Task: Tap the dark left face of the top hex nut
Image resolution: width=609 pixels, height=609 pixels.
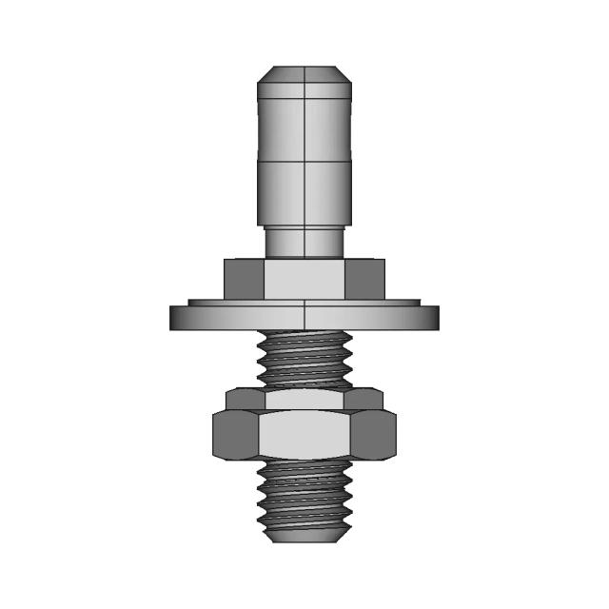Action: [244, 278]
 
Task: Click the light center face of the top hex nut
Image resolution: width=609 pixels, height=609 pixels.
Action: [304, 278]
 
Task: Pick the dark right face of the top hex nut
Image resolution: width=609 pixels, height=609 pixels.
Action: [365, 278]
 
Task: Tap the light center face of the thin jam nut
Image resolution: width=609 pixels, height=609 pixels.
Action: [304, 399]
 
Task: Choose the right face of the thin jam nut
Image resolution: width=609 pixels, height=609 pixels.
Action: [367, 399]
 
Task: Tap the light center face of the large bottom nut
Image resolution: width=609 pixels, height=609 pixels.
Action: [304, 436]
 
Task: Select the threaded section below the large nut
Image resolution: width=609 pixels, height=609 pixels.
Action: [304, 495]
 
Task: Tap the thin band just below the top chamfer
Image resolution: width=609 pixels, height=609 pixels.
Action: [304, 89]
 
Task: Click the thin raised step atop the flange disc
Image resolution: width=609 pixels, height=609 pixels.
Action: [304, 302]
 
